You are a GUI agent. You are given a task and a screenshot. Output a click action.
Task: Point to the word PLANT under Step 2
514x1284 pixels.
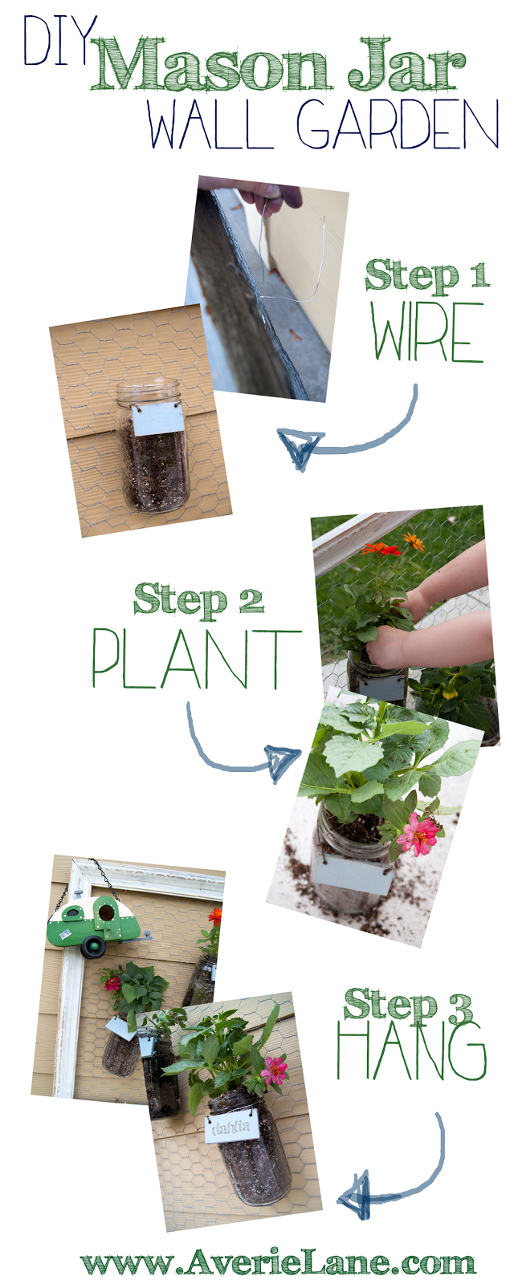(x=196, y=659)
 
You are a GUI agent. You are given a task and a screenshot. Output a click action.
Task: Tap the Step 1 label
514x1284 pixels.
(x=426, y=276)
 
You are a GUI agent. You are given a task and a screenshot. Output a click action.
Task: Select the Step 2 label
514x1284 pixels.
(x=198, y=600)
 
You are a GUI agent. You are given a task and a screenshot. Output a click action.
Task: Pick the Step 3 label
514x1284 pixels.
(x=409, y=1006)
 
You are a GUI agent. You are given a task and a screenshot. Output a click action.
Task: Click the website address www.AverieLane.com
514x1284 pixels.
(x=278, y=1263)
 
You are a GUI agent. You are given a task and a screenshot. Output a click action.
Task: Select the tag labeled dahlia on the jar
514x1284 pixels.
(x=231, y=1128)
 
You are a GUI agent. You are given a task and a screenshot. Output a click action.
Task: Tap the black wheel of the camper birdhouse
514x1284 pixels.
(x=93, y=947)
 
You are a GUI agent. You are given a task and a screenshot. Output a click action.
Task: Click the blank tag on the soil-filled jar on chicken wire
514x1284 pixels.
(x=157, y=419)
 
